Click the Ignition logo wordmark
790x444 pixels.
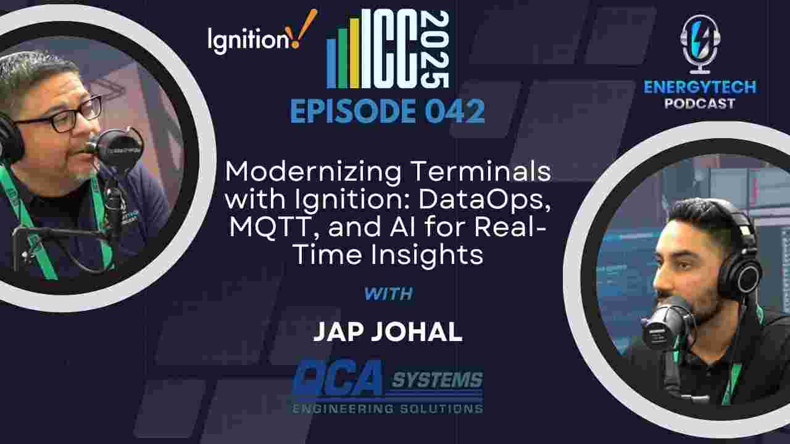[248, 40]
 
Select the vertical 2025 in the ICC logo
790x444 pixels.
[435, 49]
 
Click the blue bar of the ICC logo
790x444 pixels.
[331, 63]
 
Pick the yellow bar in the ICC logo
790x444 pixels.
[354, 53]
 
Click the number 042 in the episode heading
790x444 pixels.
[455, 112]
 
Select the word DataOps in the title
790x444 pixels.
[484, 200]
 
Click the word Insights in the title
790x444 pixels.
[426, 255]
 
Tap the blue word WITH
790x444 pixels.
[388, 294]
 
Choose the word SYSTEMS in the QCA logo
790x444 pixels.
[437, 380]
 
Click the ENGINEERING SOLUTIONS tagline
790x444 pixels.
[387, 409]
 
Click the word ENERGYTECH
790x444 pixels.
[700, 87]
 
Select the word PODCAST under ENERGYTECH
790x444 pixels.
[700, 104]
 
